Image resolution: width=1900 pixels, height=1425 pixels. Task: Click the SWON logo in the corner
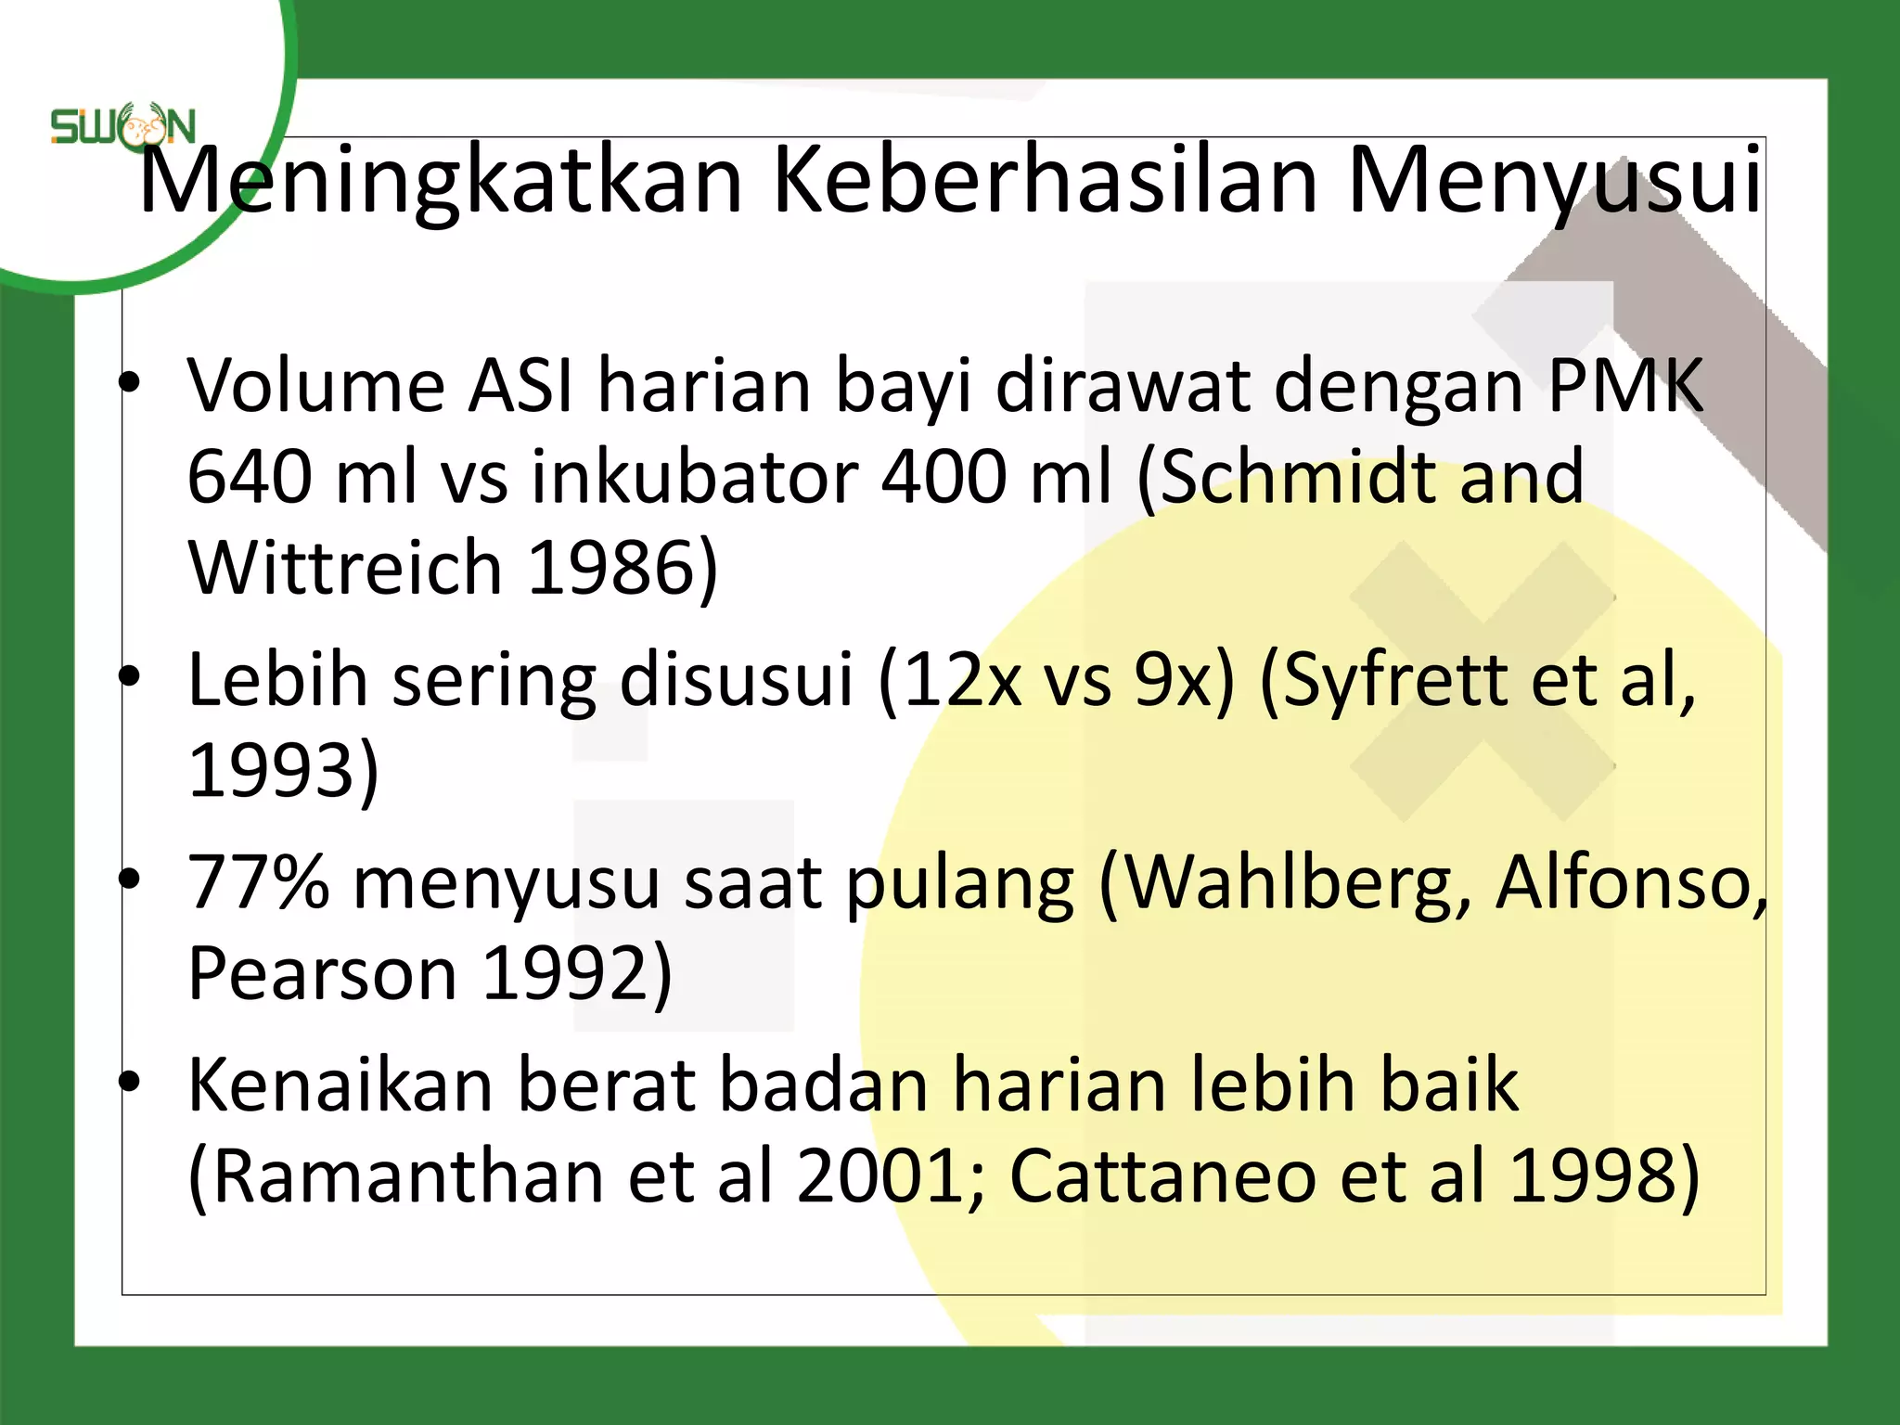pyautogui.click(x=122, y=128)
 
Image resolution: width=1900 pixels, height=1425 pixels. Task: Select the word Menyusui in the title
pyautogui.click(x=1554, y=181)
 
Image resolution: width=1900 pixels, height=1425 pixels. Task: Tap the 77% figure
pyautogui.click(x=258, y=881)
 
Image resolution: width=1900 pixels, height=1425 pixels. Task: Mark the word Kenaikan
pyautogui.click(x=340, y=1085)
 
